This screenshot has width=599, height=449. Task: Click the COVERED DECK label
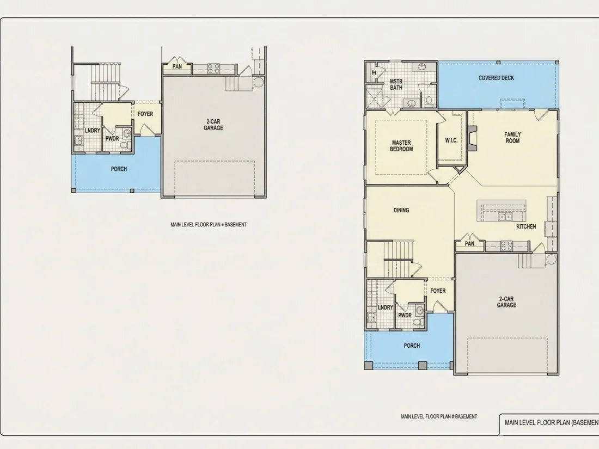click(496, 78)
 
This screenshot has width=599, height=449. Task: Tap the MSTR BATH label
click(396, 84)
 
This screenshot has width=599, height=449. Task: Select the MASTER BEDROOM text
click(401, 146)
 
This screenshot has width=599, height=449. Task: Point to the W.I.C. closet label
click(451, 140)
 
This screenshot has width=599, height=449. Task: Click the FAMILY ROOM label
click(512, 138)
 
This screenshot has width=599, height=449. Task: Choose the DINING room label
click(401, 211)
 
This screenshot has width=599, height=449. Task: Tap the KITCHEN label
click(526, 226)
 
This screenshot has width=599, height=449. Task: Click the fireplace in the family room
click(472, 138)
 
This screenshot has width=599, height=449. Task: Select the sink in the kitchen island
click(505, 217)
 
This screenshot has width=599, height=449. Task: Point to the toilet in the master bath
click(429, 101)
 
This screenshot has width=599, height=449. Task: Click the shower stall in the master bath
click(375, 99)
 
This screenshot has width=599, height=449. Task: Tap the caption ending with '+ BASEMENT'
click(208, 224)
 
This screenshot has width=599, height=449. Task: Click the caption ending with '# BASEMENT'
click(439, 416)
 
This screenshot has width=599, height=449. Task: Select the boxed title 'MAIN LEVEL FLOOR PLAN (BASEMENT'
click(552, 423)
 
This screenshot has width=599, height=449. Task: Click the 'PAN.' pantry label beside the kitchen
click(470, 244)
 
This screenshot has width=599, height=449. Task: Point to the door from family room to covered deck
click(540, 114)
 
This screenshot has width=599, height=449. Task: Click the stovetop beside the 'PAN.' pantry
click(506, 245)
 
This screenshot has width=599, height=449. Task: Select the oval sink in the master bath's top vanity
click(421, 67)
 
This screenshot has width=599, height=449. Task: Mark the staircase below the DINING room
click(398, 259)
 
